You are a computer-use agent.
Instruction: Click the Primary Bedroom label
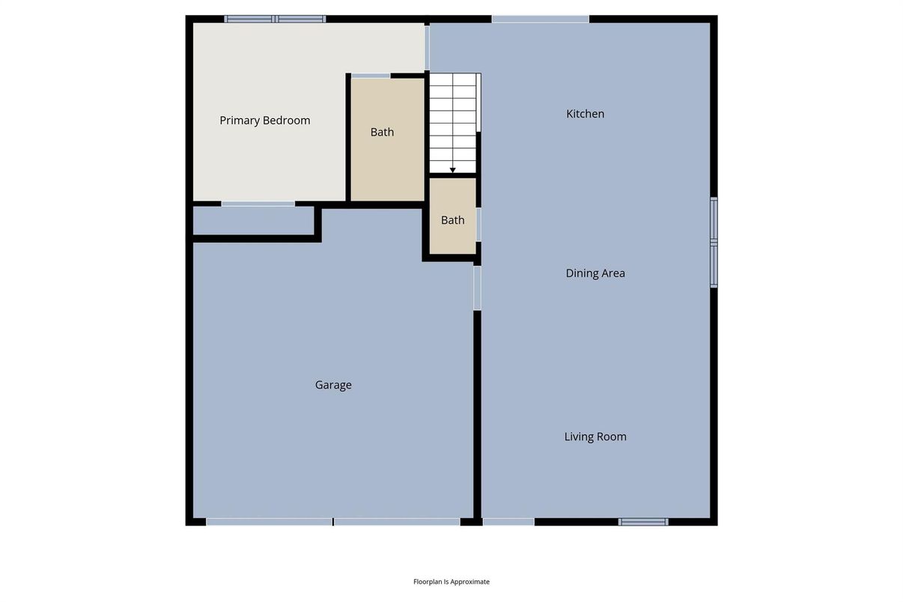click(265, 121)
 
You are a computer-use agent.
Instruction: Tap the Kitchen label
click(585, 114)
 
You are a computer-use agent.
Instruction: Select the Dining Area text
click(595, 273)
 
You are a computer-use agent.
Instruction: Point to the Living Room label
click(595, 437)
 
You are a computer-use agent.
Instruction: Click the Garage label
click(333, 385)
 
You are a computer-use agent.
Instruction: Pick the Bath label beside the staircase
click(382, 132)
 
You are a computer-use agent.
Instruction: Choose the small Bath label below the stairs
click(452, 220)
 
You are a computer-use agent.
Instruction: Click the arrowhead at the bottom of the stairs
click(452, 170)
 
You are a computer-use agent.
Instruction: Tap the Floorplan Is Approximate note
click(451, 582)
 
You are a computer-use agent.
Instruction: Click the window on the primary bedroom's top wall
click(275, 19)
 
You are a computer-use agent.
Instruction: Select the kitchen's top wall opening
click(540, 19)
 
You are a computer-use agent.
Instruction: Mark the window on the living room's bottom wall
click(643, 522)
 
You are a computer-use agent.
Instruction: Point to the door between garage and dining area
click(477, 288)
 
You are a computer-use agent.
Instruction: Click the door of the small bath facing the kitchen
click(478, 225)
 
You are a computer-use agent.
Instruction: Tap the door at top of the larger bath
click(371, 76)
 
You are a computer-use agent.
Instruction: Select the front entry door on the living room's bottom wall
click(508, 522)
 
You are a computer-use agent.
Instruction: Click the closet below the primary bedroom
click(253, 220)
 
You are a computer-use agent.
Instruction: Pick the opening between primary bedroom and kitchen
click(427, 48)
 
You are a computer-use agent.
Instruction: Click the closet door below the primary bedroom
click(258, 204)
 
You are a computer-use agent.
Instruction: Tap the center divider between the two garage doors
click(333, 522)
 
